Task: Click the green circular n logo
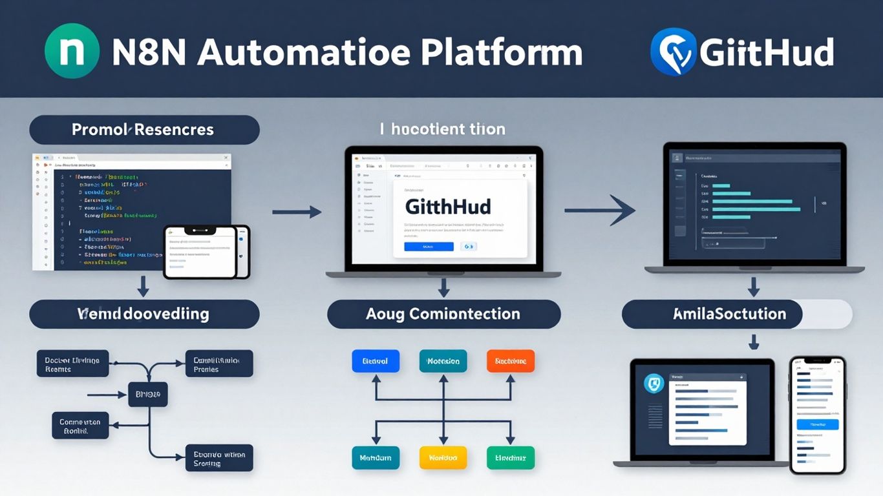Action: coord(72,51)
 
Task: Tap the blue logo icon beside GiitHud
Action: coord(674,52)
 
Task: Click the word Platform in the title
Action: coord(502,53)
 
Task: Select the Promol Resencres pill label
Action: coord(144,130)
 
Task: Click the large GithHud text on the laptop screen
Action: coord(447,207)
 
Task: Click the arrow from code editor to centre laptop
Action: coord(297,211)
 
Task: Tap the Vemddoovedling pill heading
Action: coord(144,315)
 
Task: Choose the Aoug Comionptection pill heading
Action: coord(443,315)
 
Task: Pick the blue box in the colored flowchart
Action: coord(376,361)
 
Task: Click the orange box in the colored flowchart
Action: coord(510,361)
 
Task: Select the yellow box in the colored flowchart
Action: coord(443,457)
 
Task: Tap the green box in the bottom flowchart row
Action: coord(510,457)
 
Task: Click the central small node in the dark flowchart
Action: coord(147,393)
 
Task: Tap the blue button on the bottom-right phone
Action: coord(817,424)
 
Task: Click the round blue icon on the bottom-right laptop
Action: coord(655,384)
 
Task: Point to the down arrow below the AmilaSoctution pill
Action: coord(752,341)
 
